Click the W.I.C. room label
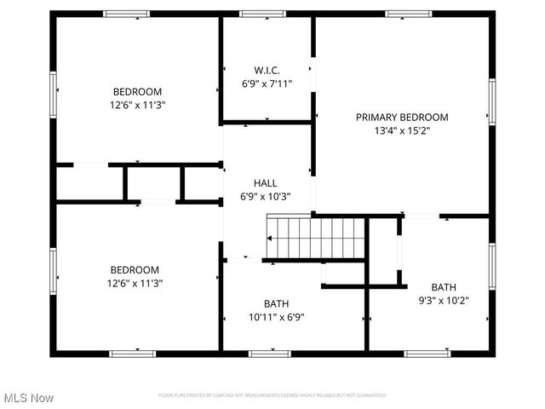[267, 70]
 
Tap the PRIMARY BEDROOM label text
[402, 118]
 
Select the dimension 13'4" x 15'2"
[402, 131]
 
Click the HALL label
[266, 183]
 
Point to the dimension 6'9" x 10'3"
[266, 196]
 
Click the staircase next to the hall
[316, 237]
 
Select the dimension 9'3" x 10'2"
[443, 300]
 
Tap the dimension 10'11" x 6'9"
[276, 317]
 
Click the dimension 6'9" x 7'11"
[267, 84]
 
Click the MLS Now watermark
[28, 398]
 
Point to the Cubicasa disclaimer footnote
[272, 395]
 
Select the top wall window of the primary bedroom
[408, 14]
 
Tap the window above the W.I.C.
[262, 14]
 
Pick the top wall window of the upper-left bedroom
[126, 14]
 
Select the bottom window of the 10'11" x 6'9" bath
[269, 353]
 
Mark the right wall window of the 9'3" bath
[491, 266]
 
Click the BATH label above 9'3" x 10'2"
[443, 287]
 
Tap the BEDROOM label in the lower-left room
[135, 269]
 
